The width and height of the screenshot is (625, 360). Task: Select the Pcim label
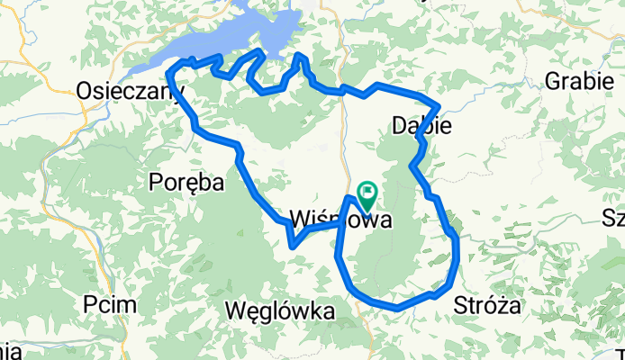point(111,304)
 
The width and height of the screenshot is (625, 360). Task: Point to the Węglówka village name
point(283,311)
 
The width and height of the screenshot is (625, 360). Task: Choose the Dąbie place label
point(421,126)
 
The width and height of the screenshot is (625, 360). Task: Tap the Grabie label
point(575,82)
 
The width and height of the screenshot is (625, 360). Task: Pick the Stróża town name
point(488,305)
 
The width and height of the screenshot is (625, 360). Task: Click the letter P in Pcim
point(90,304)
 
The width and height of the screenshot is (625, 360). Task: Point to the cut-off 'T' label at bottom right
point(620,352)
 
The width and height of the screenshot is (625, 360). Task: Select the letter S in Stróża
point(463,305)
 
